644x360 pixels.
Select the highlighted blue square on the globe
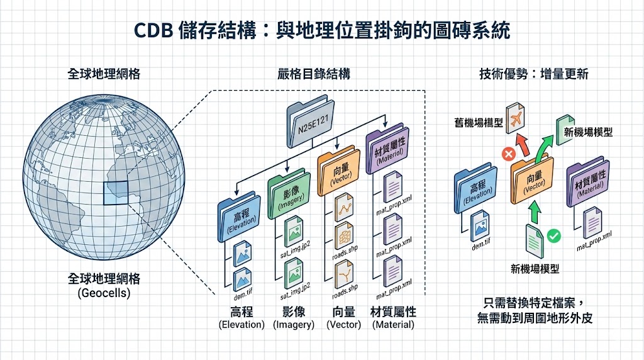pos(114,193)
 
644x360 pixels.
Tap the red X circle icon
pos(506,153)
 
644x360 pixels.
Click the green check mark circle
pos(554,237)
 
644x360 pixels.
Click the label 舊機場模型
pos(480,123)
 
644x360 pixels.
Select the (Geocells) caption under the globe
pos(104,293)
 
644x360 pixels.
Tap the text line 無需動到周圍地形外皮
pos(535,319)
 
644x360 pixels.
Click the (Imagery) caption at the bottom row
pos(293,325)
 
